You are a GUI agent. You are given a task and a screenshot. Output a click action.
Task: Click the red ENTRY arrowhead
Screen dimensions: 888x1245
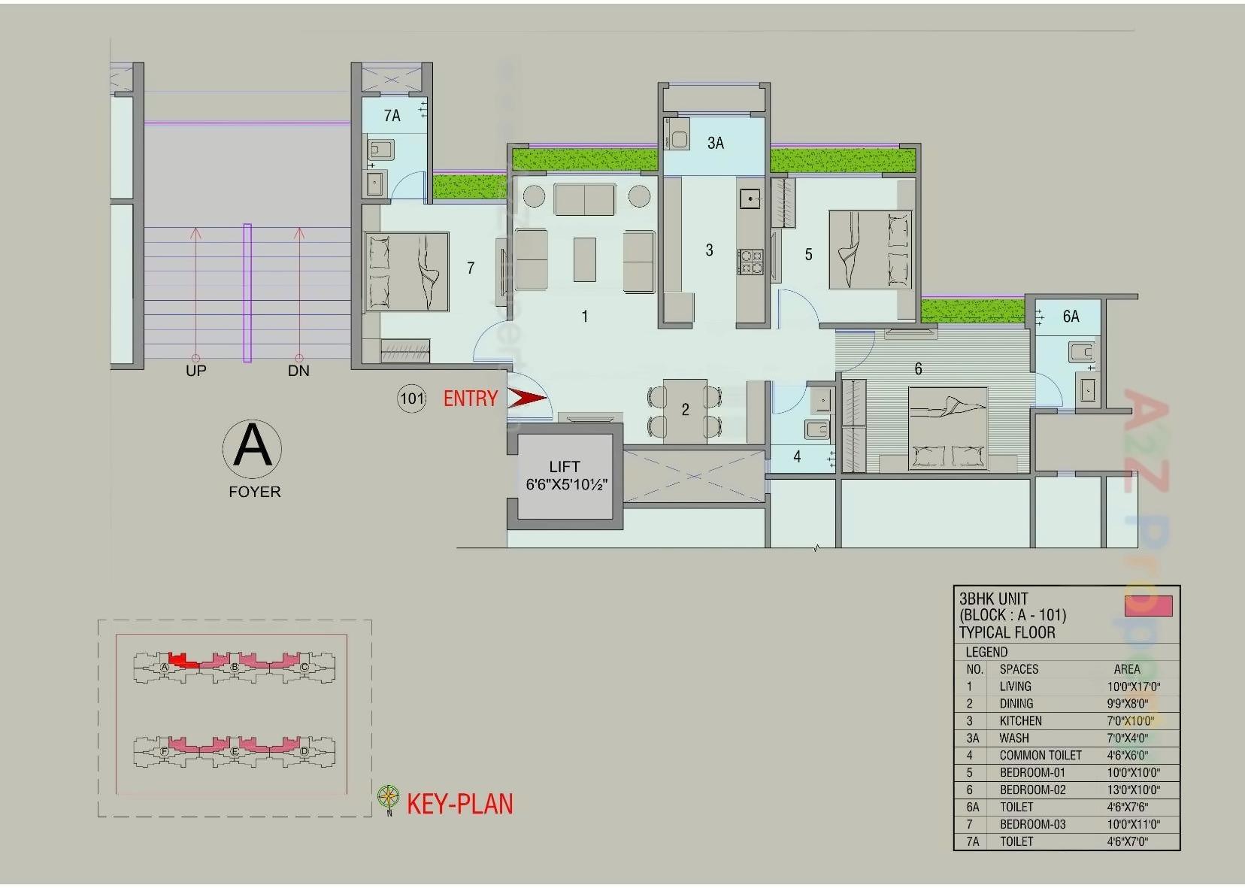(526, 398)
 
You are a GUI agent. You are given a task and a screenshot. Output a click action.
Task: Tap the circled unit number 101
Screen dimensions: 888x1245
(411, 399)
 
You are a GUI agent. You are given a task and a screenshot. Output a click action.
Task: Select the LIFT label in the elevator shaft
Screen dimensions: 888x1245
(564, 467)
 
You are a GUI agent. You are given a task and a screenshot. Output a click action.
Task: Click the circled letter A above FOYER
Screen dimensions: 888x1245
(252, 448)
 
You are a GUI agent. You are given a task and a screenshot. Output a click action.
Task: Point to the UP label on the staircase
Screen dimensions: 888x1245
(196, 371)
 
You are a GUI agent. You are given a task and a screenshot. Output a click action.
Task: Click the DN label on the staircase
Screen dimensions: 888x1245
(298, 371)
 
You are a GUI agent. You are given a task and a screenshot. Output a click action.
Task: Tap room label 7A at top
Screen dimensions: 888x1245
(392, 116)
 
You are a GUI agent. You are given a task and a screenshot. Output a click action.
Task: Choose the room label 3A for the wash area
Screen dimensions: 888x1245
(715, 143)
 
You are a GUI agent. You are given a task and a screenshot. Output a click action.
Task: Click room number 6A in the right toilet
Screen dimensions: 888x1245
(1071, 317)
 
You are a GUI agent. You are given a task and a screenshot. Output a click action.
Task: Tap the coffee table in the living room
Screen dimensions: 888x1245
(584, 259)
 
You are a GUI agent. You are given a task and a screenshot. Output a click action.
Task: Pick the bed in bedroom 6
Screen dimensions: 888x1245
(947, 429)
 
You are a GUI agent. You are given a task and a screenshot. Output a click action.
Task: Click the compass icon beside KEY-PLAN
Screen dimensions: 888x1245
(388, 797)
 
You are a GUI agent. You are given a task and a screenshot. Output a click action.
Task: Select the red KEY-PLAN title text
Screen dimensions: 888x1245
(459, 804)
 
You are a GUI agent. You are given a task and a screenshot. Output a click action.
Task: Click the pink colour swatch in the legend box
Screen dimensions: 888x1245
(1147, 606)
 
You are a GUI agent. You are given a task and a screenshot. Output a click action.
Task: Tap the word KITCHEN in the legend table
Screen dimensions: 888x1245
(1020, 721)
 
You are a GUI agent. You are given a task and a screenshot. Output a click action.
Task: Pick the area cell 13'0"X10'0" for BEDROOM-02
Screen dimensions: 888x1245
(1133, 790)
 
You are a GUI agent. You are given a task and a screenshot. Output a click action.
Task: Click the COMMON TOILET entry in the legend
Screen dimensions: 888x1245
(1041, 756)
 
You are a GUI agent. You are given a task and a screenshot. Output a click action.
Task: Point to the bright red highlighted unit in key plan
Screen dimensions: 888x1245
(180, 660)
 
